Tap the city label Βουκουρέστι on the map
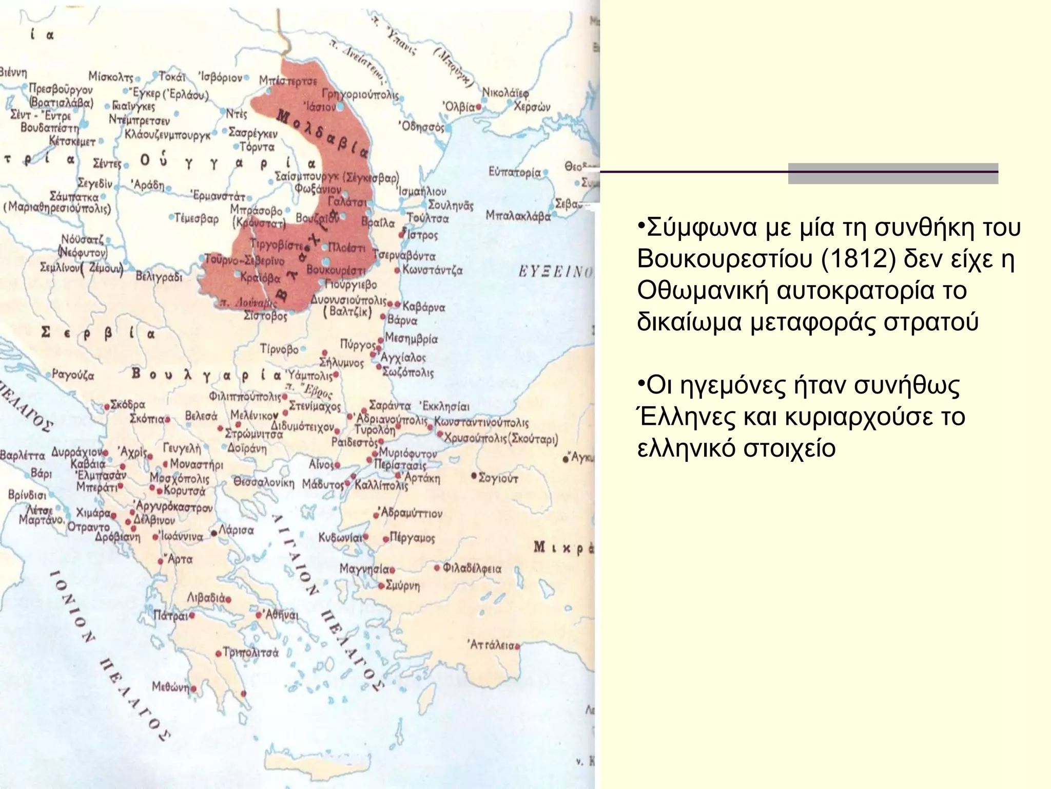(336, 270)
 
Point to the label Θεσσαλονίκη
(264, 483)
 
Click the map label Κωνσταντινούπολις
(481, 422)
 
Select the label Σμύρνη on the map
(402, 586)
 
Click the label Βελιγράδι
(159, 277)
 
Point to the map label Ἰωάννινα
(182, 536)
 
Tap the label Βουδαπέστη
(50, 127)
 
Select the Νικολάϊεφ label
(505, 92)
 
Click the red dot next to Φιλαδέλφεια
(437, 568)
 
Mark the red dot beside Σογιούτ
(474, 476)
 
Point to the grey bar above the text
(893, 174)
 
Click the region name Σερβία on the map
(98, 334)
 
